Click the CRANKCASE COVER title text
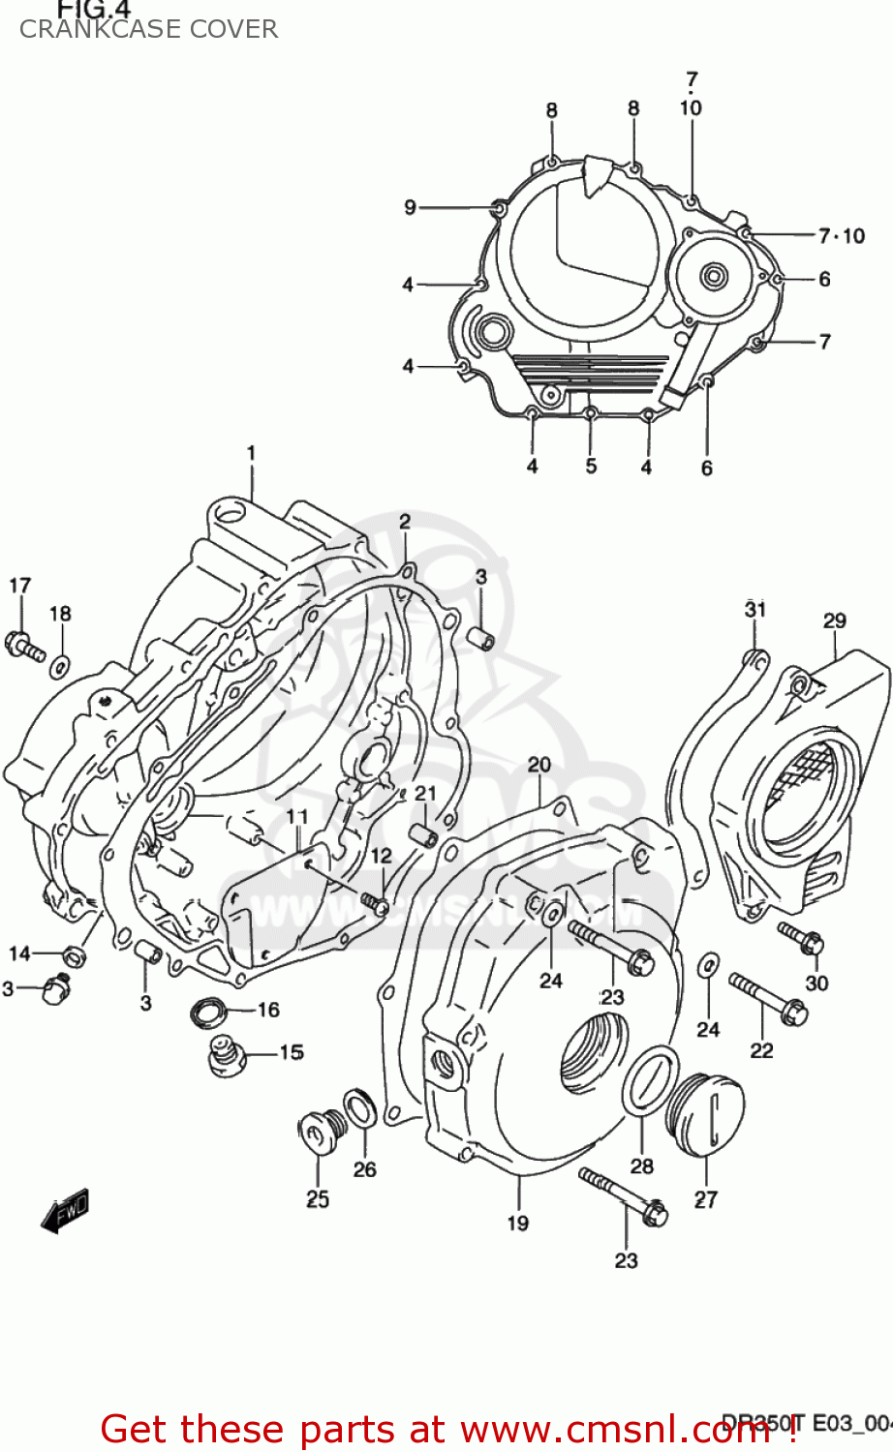tap(148, 30)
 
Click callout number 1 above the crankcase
tap(251, 453)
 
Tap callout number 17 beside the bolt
tap(20, 586)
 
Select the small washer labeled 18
tap(60, 665)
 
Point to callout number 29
tap(835, 621)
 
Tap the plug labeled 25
tap(318, 1132)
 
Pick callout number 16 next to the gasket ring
tap(268, 1010)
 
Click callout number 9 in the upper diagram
tap(411, 207)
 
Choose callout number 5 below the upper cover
tap(591, 467)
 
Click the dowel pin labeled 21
tap(423, 834)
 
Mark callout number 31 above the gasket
tap(755, 609)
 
